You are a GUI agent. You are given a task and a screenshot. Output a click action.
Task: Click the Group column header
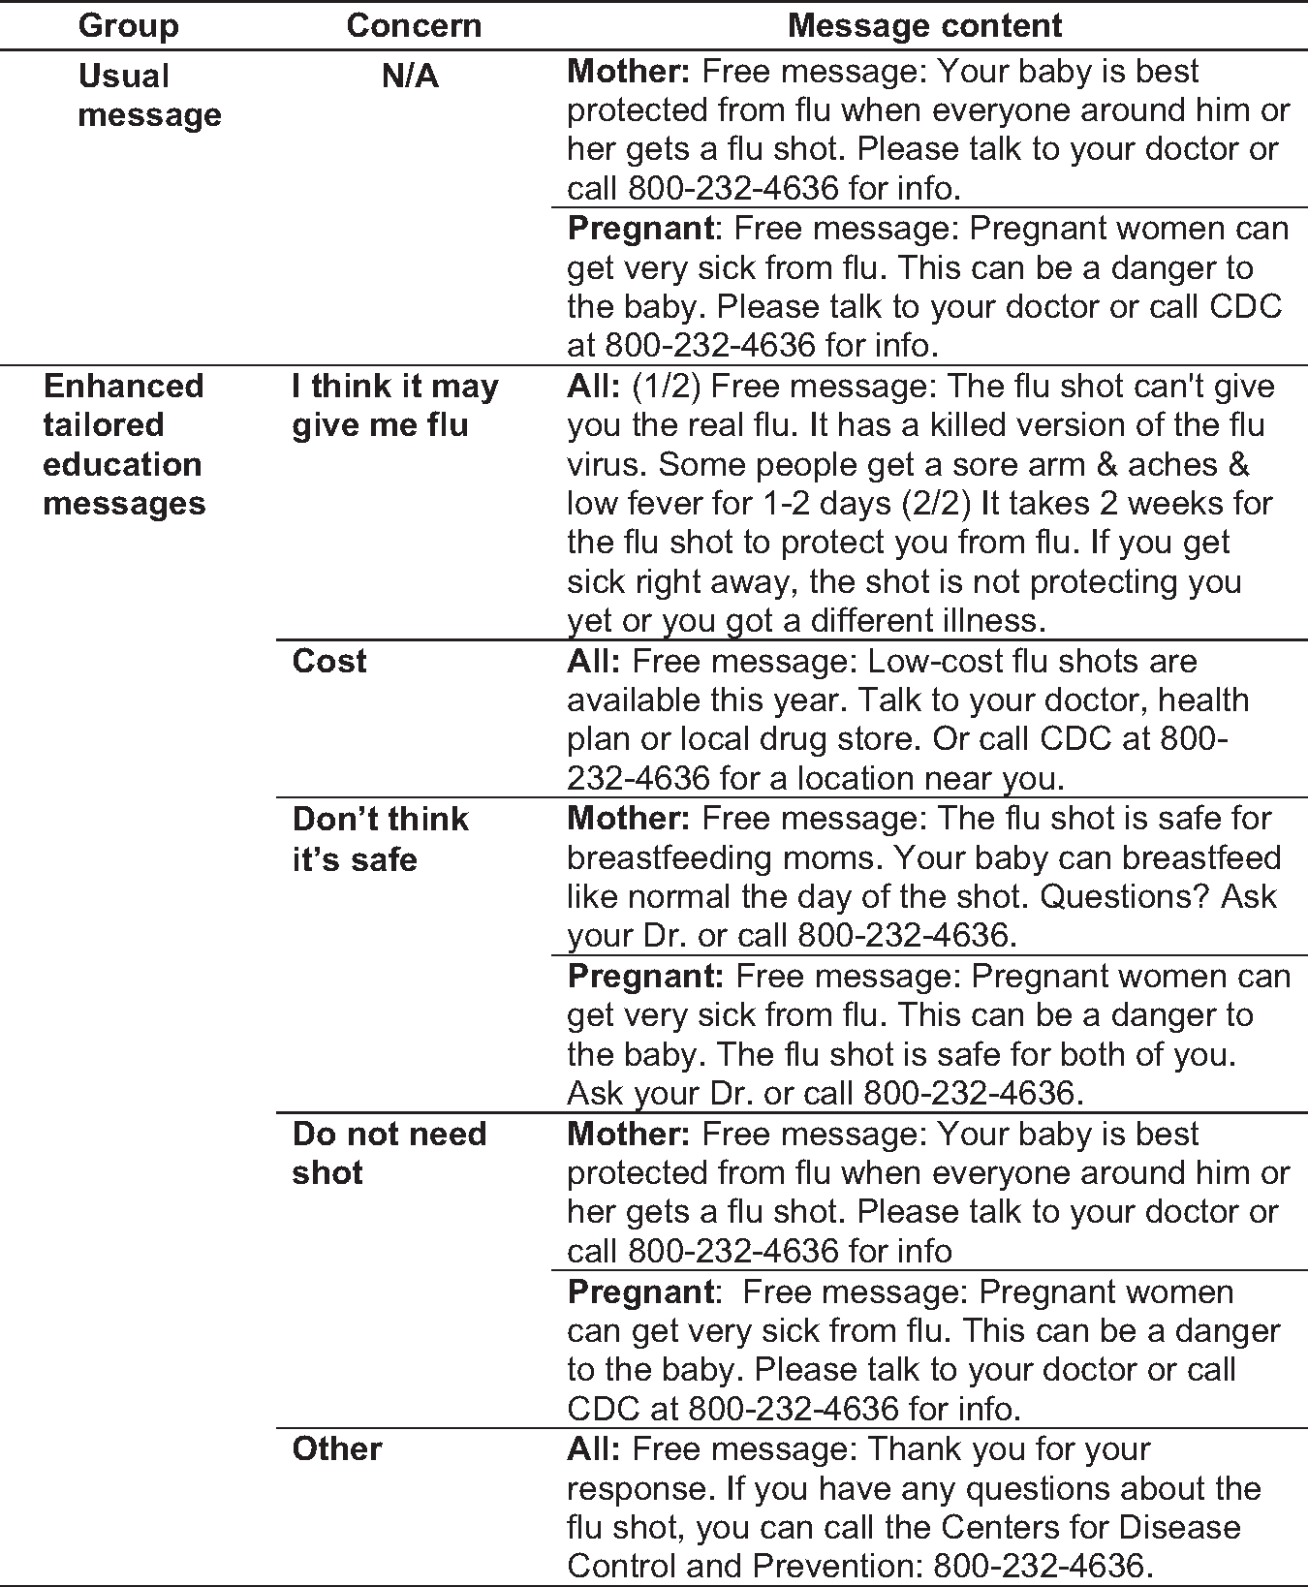[128, 25]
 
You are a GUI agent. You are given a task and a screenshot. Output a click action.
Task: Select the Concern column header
[414, 25]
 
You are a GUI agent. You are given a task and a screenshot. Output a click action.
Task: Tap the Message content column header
[925, 25]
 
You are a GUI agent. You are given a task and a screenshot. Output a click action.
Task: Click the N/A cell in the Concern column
[410, 76]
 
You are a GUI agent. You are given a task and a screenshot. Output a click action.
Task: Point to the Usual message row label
[149, 95]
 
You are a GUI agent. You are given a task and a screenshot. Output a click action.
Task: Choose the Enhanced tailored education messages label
[124, 445]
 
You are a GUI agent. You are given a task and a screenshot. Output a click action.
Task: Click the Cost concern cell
[329, 662]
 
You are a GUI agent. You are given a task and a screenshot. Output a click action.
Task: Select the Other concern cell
[337, 1449]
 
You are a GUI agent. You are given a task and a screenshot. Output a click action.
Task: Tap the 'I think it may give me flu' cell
[394, 406]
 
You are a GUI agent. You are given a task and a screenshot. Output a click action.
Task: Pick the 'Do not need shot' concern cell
[389, 1153]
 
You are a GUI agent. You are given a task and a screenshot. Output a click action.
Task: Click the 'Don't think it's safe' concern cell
[380, 839]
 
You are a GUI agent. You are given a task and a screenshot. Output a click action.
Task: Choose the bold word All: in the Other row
[593, 1449]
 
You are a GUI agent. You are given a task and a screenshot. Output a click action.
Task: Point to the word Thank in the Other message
[913, 1449]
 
